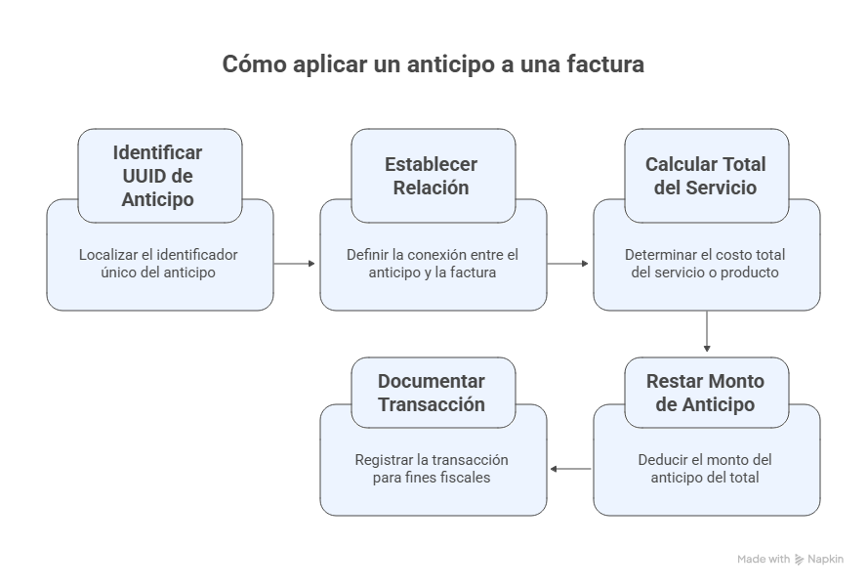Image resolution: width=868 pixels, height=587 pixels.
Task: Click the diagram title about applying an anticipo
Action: point(433,64)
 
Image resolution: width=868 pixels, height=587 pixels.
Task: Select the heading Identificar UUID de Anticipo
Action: point(157,176)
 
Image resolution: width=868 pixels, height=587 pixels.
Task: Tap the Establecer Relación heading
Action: point(432,176)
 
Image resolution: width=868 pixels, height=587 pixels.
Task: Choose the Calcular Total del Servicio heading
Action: point(705,176)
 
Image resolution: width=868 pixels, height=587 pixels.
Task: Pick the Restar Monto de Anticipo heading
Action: point(705,393)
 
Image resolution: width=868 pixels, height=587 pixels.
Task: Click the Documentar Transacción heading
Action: point(432,393)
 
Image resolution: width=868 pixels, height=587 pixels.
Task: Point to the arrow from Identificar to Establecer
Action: point(295,264)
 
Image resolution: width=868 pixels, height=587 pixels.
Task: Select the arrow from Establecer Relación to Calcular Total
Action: point(568,264)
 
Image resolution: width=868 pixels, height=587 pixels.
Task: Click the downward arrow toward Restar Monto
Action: point(706,332)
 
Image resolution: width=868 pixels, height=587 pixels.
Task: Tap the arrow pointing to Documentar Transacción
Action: point(570,470)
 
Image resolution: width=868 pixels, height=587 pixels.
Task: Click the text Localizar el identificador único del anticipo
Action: point(158,264)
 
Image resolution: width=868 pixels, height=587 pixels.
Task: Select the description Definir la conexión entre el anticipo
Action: point(433,264)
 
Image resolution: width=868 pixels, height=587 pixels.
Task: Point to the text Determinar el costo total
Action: point(705,264)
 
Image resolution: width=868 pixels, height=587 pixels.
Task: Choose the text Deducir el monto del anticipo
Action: point(705,469)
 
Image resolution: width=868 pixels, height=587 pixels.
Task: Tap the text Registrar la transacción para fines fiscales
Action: point(432,469)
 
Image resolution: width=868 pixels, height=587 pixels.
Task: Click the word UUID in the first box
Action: point(145,176)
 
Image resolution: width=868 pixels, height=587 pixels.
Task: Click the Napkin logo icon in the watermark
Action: point(800,560)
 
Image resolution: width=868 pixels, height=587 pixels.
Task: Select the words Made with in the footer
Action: point(764,560)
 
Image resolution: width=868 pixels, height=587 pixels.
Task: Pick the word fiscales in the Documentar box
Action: point(465,478)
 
